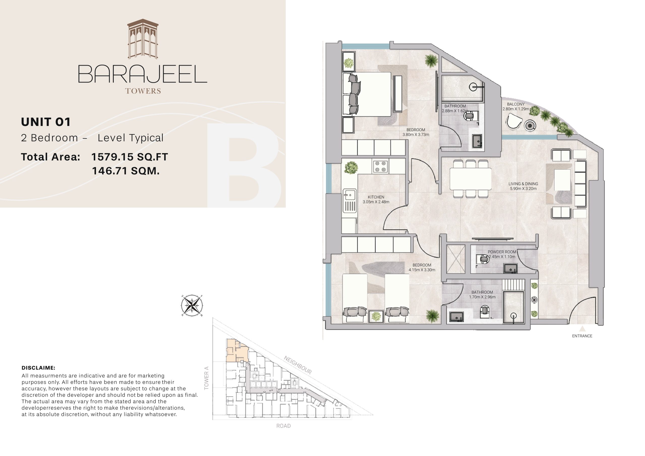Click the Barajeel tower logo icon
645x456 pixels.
coord(143,39)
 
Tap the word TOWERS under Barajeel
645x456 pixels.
coord(143,91)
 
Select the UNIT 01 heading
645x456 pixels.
coord(46,122)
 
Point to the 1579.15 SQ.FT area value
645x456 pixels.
coord(130,157)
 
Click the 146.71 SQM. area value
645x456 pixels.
coord(126,171)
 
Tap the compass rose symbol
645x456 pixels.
coord(192,305)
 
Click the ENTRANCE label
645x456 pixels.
coord(582,336)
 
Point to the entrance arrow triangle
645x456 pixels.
coord(582,329)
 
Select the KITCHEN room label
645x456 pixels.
coord(376,197)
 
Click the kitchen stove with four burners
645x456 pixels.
coord(381,166)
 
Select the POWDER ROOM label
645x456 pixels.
coord(502,252)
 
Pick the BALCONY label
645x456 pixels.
coord(516,104)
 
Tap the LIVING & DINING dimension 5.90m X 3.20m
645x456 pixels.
coord(523,189)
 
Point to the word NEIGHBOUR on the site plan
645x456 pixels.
coord(298,365)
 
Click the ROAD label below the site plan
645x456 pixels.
coord(283,426)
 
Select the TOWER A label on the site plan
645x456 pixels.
coord(207,378)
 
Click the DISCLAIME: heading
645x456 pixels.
coord(39,368)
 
